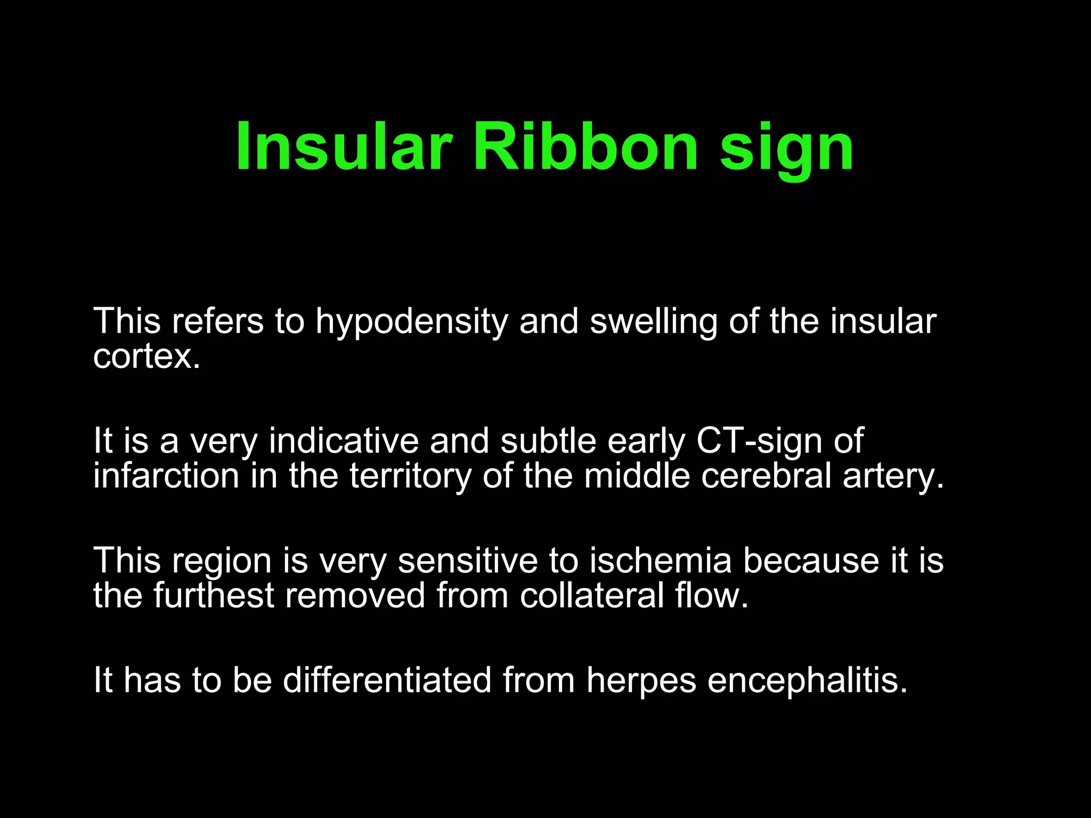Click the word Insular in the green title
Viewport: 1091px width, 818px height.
(x=344, y=146)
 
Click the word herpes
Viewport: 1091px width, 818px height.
(x=641, y=682)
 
